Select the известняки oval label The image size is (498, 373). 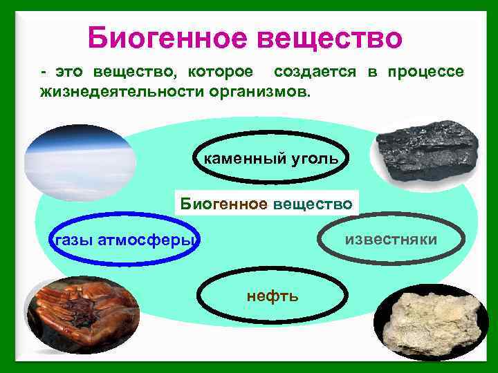[x=391, y=240]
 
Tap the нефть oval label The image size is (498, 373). [x=273, y=296]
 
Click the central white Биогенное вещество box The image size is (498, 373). [x=266, y=203]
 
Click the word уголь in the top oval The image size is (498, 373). [x=314, y=158]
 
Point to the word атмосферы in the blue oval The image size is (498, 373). [x=149, y=240]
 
